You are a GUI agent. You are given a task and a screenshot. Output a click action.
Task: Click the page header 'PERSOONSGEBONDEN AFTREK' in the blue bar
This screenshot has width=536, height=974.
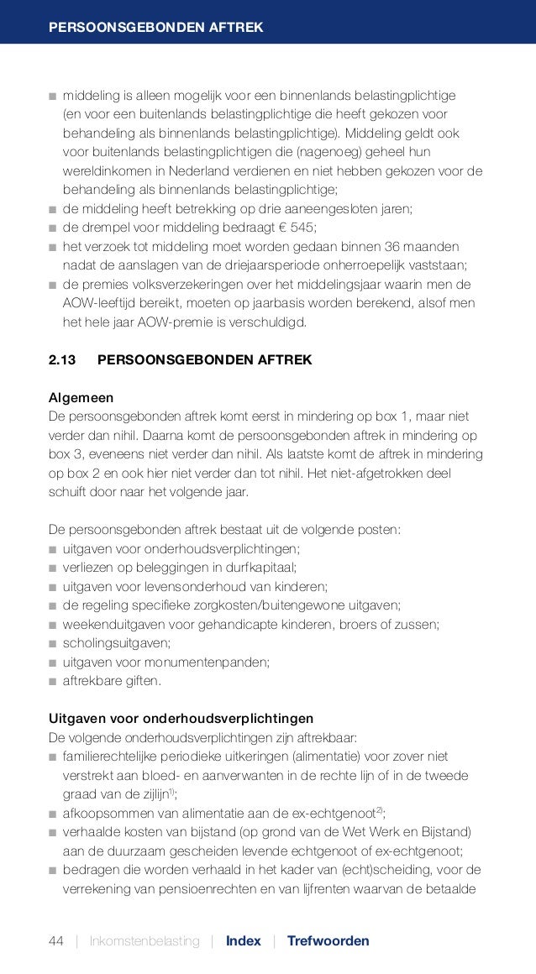tap(155, 29)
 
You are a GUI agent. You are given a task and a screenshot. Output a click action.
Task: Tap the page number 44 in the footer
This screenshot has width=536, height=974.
tap(55, 940)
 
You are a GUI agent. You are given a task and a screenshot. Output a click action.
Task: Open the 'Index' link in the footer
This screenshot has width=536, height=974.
tap(243, 940)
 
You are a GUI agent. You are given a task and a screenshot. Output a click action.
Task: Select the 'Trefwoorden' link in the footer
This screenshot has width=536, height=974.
tap(328, 940)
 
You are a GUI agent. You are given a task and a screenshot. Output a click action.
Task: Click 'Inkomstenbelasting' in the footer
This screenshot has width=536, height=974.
tap(145, 940)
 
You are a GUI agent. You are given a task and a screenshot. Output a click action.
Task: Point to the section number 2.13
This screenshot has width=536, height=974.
tap(61, 360)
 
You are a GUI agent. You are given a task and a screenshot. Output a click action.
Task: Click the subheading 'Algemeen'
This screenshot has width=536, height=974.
tap(81, 397)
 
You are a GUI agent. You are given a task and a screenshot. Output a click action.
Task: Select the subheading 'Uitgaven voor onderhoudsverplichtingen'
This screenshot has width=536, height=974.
tap(181, 720)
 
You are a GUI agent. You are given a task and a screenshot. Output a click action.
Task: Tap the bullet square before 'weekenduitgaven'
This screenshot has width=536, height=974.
tap(53, 624)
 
